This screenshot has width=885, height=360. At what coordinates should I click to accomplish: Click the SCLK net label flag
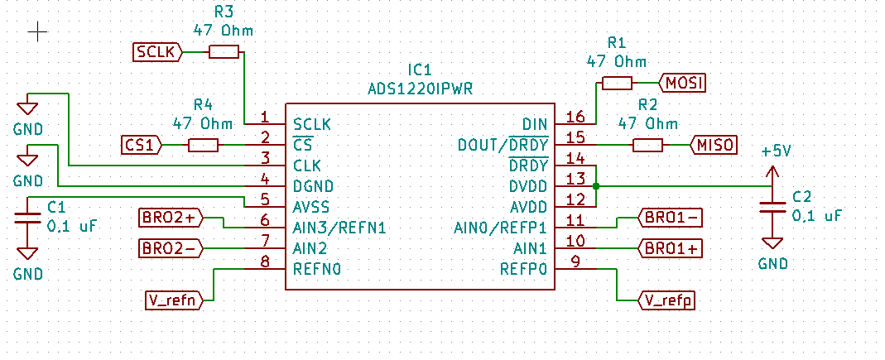156,52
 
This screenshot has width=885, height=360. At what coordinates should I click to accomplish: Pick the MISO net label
714,146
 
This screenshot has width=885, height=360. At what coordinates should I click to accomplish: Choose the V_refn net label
172,300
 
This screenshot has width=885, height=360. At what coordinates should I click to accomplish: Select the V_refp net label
666,300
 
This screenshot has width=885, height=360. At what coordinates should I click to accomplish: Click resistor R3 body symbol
224,52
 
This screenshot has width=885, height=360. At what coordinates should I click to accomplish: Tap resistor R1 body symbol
617,83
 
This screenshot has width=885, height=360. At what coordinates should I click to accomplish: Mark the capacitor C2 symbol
772,207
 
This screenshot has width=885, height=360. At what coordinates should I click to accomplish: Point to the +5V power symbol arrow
772,173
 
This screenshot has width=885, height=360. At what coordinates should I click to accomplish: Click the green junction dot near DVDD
596,186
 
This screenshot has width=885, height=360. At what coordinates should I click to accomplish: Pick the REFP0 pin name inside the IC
523,268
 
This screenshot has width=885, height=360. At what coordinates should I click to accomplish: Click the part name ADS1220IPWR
420,87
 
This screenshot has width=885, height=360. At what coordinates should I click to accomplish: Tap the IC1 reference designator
420,70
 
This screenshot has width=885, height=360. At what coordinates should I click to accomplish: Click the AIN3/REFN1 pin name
339,227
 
